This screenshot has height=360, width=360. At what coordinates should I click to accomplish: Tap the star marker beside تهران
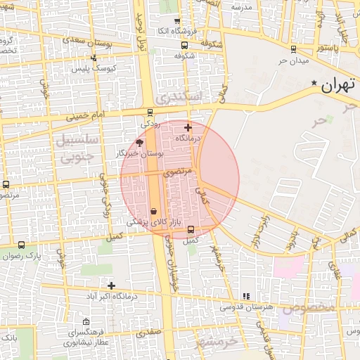click(313, 84)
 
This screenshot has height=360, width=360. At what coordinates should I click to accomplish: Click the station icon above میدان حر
click(293, 49)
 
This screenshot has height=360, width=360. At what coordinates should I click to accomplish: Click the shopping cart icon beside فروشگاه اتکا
click(176, 21)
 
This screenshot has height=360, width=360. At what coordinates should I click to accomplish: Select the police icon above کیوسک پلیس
click(94, 58)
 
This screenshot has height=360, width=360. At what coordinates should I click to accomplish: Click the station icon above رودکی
click(150, 112)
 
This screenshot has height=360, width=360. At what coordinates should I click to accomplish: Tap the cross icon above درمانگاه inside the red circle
click(188, 127)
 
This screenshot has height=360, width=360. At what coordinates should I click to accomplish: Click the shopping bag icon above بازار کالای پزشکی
click(153, 211)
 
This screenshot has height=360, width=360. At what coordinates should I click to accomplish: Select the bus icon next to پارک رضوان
click(22, 245)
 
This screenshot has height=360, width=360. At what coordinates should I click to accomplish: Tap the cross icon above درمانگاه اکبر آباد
click(111, 285)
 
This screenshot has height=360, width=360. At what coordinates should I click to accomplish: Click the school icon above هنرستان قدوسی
click(245, 297)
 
